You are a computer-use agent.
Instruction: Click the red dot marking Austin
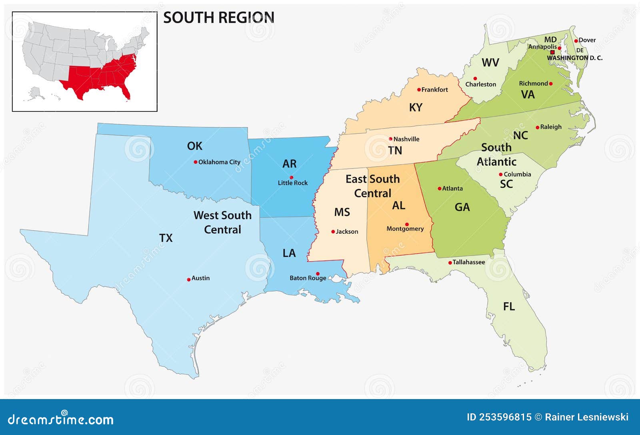[189, 280]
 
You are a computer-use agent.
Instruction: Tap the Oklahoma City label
[219, 162]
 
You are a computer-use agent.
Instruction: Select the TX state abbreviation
[166, 238]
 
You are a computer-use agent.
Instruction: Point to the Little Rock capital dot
[291, 177]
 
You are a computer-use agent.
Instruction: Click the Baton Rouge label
[308, 278]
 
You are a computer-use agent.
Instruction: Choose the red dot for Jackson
[333, 232]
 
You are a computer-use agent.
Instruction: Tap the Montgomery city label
[405, 229]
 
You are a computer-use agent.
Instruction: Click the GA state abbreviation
[462, 207]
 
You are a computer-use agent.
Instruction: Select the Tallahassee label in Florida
[468, 262]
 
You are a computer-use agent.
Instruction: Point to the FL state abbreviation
[509, 307]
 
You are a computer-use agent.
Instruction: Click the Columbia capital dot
[500, 175]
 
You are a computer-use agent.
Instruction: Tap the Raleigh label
[551, 127]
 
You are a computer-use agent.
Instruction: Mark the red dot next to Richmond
[551, 84]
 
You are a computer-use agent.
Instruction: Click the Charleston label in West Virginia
[480, 84]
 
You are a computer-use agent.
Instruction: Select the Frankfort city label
[434, 90]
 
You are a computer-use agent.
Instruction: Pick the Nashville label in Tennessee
[406, 139]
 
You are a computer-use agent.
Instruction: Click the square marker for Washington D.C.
[553, 52]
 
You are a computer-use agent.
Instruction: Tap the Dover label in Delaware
[587, 40]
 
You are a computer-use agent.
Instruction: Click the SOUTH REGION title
[218, 18]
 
